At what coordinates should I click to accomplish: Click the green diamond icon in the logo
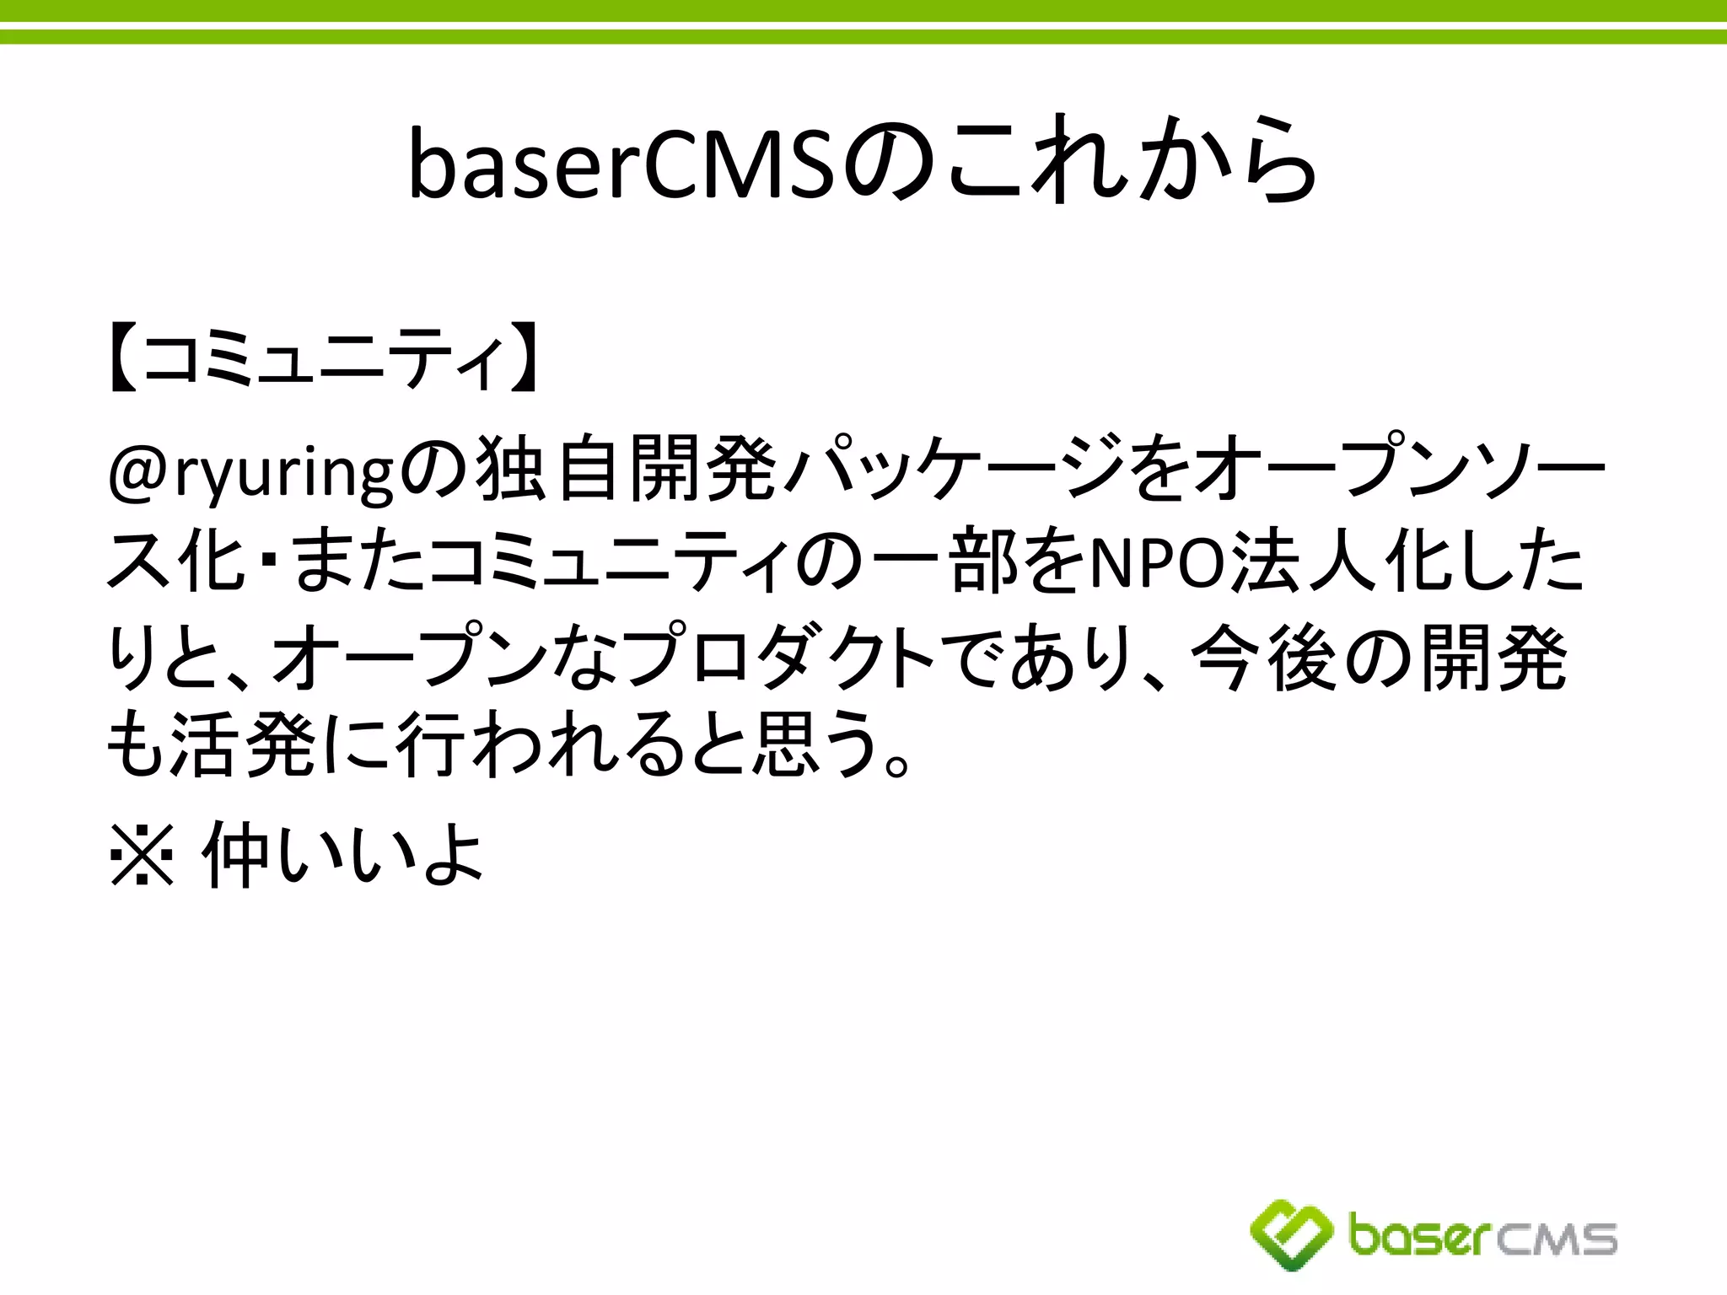click(x=1291, y=1234)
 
